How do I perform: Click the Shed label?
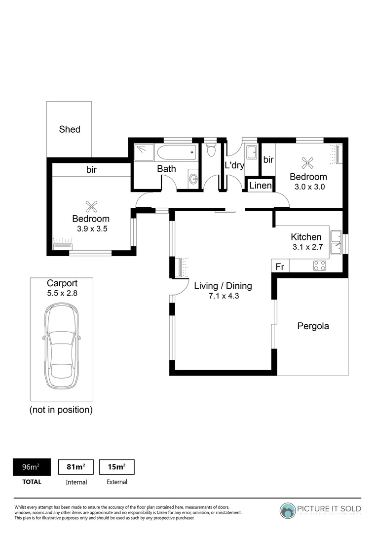pyautogui.click(x=70, y=129)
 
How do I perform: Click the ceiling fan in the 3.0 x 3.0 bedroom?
pyautogui.click(x=308, y=162)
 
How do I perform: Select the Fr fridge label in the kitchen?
pyautogui.click(x=280, y=266)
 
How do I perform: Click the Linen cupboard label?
pyautogui.click(x=260, y=186)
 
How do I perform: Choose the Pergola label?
pyautogui.click(x=313, y=326)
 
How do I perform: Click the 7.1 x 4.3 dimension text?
pyautogui.click(x=223, y=296)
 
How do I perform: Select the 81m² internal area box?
pyautogui.click(x=76, y=467)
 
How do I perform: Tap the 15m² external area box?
pyautogui.click(x=117, y=467)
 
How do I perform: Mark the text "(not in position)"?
pyautogui.click(x=61, y=410)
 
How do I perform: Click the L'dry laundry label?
pyautogui.click(x=234, y=165)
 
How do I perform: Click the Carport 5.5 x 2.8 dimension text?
pyautogui.click(x=62, y=293)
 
